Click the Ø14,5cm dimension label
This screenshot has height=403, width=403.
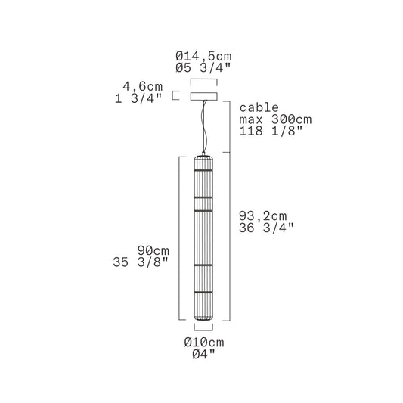click(203, 56)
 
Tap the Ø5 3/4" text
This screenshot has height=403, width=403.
click(203, 68)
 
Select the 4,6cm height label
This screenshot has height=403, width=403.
click(143, 87)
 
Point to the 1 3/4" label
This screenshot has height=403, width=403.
click(138, 98)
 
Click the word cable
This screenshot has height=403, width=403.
click(259, 107)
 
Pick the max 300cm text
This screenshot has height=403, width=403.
click(275, 119)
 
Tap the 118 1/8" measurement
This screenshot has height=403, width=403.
click(271, 131)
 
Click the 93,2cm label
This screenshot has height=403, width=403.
click(262, 216)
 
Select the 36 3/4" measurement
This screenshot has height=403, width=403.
click(266, 228)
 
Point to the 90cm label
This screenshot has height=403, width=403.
click(153, 250)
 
